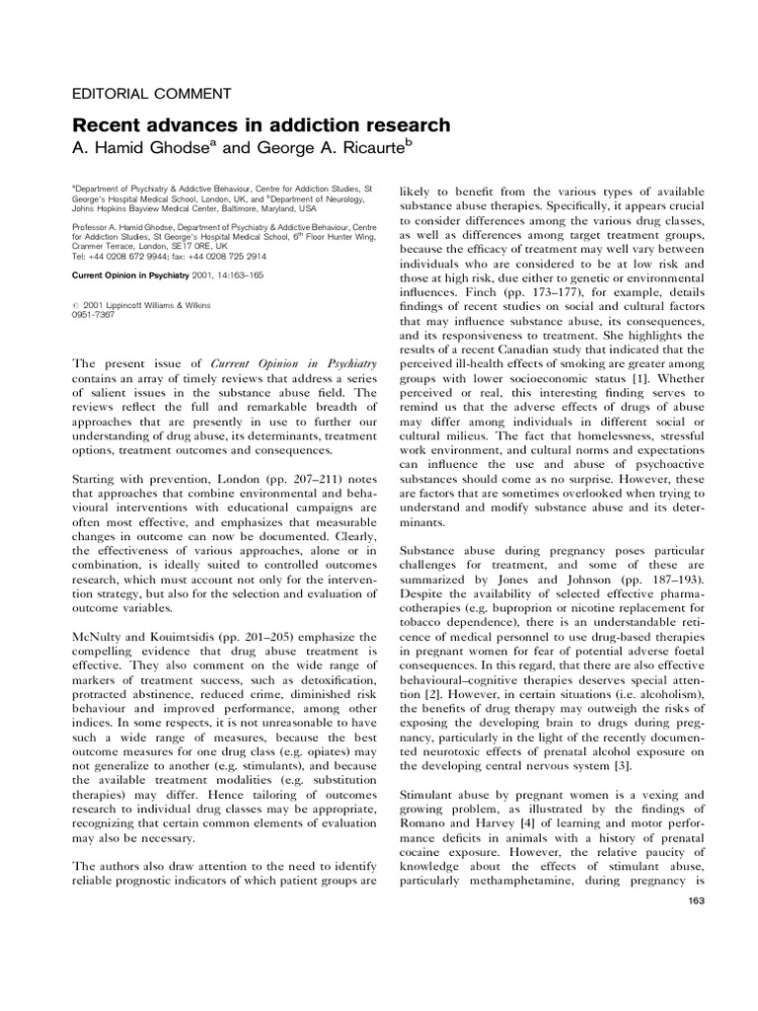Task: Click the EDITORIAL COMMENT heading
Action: tap(152, 95)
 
